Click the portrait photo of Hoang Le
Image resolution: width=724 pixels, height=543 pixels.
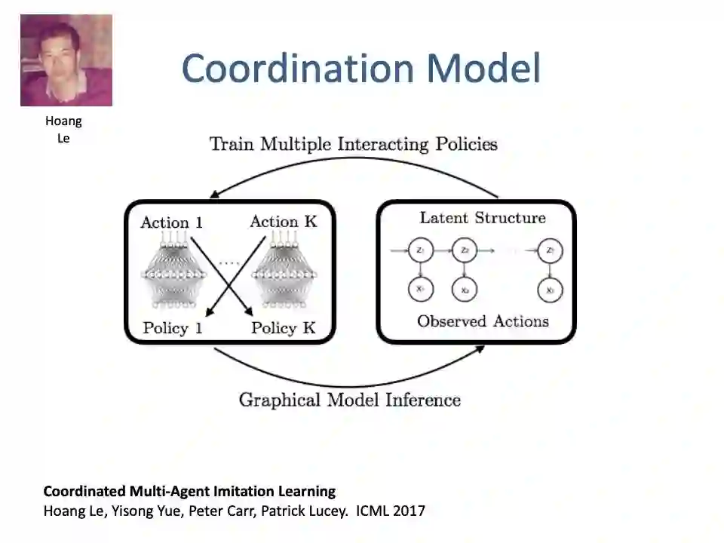(x=66, y=60)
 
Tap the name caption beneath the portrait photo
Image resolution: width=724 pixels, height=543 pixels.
(x=63, y=129)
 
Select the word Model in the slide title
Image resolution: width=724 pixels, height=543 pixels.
(x=483, y=69)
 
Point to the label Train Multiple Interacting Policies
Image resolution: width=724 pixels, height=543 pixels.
(x=353, y=143)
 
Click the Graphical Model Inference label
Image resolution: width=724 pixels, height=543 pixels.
(x=349, y=400)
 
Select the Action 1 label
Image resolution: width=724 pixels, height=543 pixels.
(x=171, y=222)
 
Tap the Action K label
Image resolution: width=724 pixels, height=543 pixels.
(x=284, y=222)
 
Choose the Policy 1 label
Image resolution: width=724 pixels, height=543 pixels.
(x=173, y=328)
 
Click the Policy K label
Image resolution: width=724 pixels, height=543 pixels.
(x=284, y=328)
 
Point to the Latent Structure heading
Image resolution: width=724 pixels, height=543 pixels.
(x=483, y=218)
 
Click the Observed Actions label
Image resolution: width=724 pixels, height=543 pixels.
(x=483, y=321)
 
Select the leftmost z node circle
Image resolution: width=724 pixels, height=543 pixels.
(x=420, y=250)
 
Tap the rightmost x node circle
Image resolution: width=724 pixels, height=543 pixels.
(x=551, y=290)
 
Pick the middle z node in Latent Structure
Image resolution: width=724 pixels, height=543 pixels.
(x=465, y=250)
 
